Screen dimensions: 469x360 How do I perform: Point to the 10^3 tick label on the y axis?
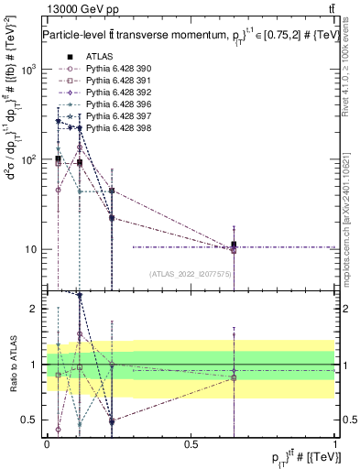tap(29, 70)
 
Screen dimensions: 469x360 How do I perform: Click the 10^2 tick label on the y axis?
tap(29, 159)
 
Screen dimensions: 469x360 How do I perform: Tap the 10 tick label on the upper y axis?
tap(33, 249)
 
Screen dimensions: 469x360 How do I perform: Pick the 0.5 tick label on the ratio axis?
tap(31, 420)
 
